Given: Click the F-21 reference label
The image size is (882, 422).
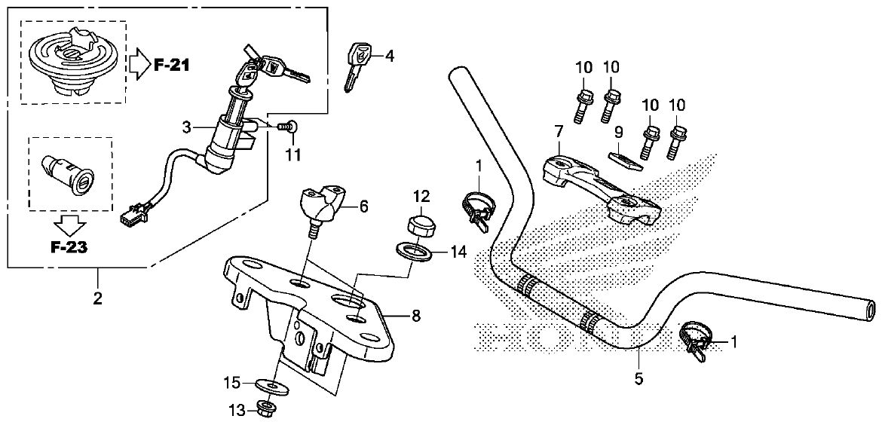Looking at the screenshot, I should pyautogui.click(x=171, y=65).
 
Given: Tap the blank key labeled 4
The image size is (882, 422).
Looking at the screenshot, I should pyautogui.click(x=357, y=65).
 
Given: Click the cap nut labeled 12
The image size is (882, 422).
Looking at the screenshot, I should pyautogui.click(x=418, y=225).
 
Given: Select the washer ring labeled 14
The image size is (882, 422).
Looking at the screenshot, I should pyautogui.click(x=413, y=250).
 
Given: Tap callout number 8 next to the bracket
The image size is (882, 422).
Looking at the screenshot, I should pyautogui.click(x=416, y=318).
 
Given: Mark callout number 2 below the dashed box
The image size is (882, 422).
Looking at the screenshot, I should pyautogui.click(x=97, y=298).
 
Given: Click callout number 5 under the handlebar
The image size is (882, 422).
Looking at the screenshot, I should pyautogui.click(x=639, y=379).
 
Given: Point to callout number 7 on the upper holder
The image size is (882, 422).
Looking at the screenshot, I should pyautogui.click(x=559, y=131).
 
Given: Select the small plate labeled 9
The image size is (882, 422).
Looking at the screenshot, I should pyautogui.click(x=624, y=158).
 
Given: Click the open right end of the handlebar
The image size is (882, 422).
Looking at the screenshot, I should pyautogui.click(x=871, y=309).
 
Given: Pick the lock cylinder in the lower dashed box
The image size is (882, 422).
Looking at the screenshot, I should pyautogui.click(x=69, y=173).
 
